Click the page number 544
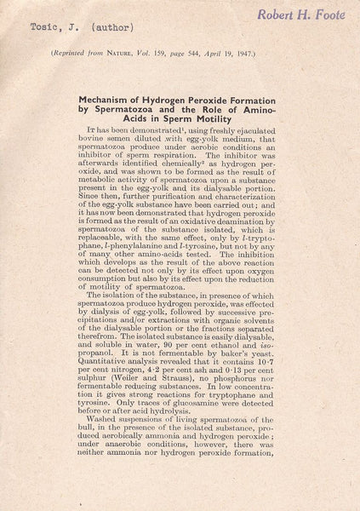point(234,53)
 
